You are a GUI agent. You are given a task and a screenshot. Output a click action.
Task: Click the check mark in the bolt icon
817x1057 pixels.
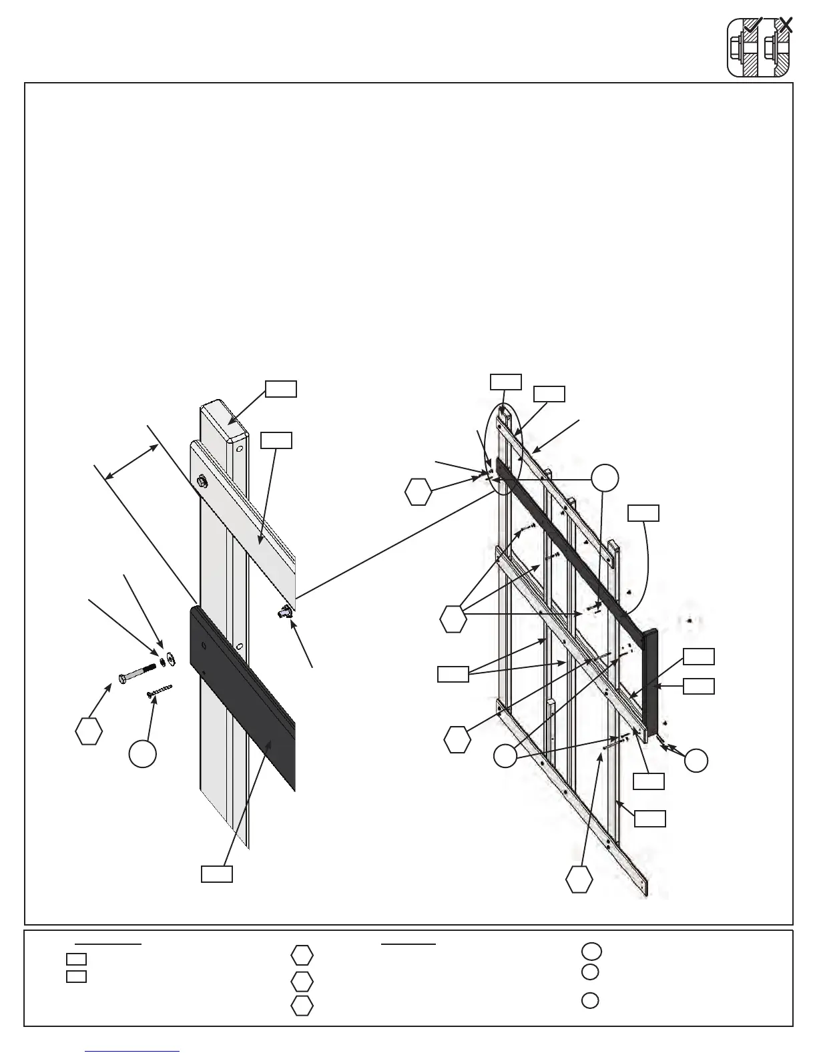point(753,26)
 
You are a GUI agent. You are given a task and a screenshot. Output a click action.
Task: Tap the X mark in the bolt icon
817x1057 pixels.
point(786,26)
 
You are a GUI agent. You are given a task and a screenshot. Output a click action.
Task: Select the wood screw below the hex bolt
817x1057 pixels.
point(159,690)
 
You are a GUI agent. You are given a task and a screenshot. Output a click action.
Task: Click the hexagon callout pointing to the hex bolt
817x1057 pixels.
point(89,731)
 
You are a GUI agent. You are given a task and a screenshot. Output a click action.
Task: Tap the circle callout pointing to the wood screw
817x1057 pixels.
point(143,753)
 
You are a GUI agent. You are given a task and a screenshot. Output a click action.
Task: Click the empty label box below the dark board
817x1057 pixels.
point(217,874)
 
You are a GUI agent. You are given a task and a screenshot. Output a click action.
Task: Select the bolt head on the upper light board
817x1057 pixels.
point(201,480)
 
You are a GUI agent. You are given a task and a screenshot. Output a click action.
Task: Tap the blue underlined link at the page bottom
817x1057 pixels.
point(133,1050)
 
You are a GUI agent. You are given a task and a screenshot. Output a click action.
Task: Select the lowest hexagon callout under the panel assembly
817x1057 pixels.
point(579,879)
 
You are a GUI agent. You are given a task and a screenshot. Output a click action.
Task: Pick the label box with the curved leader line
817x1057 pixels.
point(643,513)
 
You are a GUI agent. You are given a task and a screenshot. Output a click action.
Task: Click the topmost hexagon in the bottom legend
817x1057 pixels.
point(302,956)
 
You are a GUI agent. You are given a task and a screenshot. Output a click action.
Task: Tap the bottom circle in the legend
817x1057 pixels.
point(589,1001)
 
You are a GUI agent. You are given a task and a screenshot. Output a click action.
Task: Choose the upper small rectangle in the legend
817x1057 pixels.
point(76,960)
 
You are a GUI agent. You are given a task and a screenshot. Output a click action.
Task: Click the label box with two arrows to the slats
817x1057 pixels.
point(453,674)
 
